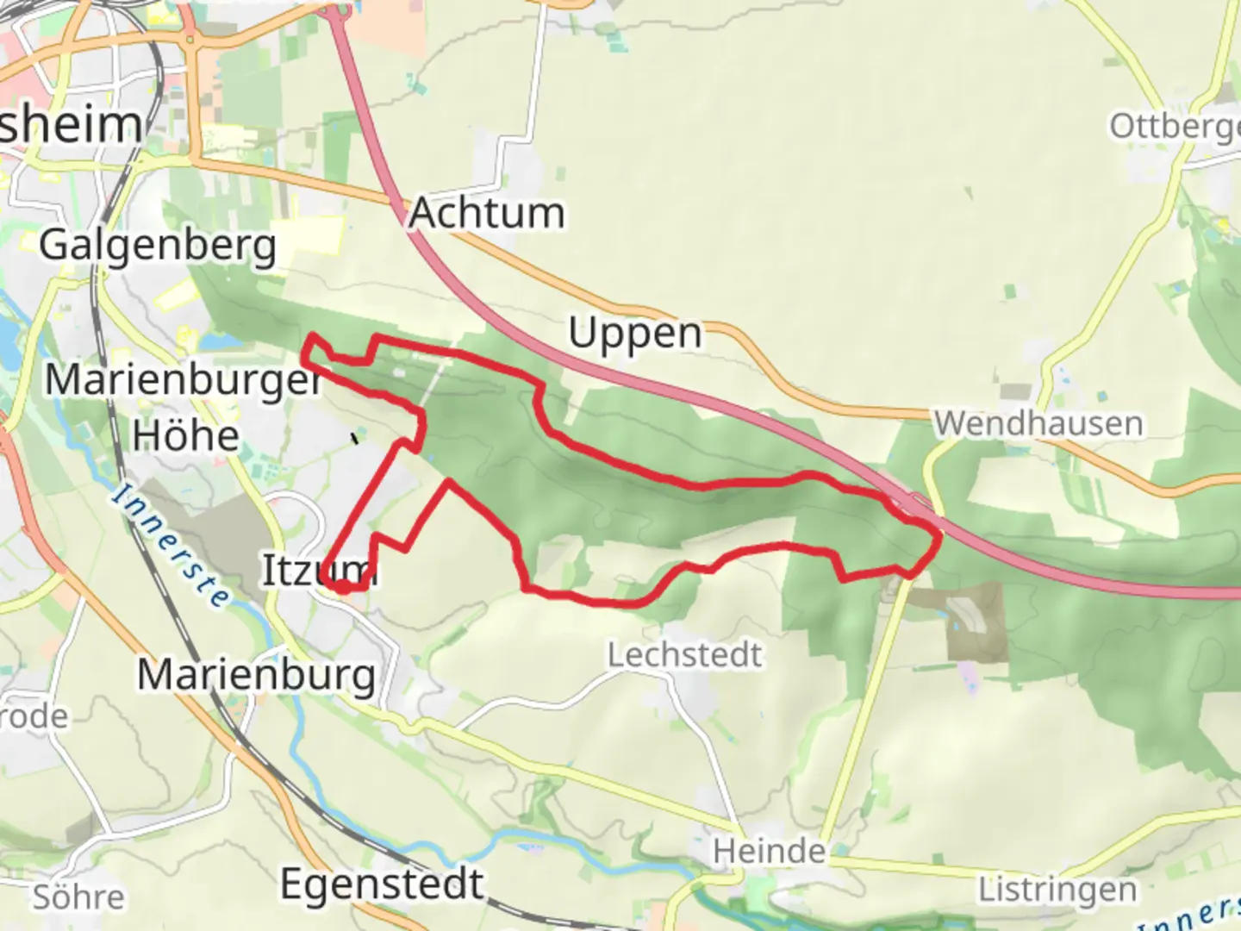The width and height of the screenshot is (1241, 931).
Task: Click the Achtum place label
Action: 487,213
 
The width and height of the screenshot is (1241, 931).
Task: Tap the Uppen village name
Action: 635,334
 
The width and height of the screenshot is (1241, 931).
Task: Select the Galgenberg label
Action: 158,246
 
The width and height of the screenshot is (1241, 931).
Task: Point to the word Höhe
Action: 185,435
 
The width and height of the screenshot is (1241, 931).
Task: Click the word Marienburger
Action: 183,379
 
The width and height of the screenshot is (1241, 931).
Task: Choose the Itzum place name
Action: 318,570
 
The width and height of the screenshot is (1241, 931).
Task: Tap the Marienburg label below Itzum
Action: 256,675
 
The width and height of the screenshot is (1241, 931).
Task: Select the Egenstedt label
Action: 382,884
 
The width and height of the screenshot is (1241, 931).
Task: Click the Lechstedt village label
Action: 684,655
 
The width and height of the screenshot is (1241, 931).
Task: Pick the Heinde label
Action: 769,852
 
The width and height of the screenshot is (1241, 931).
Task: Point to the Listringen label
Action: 1057,890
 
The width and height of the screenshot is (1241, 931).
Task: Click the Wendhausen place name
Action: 1038,423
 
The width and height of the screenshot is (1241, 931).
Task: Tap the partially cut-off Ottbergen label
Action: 1174,126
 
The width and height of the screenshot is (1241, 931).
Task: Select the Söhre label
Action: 78,897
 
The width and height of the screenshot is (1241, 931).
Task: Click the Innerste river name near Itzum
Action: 171,545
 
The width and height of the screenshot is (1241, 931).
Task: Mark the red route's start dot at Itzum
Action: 342,587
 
